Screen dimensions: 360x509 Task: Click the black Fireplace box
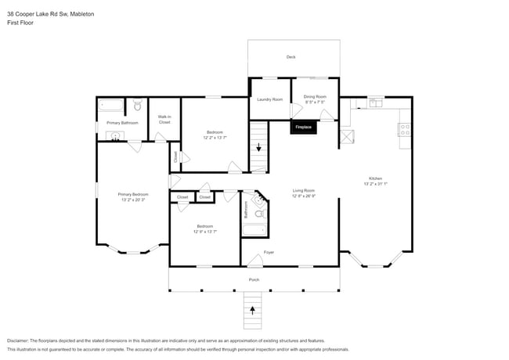[303, 127]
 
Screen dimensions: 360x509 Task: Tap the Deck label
[291, 57]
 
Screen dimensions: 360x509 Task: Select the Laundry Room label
[269, 99]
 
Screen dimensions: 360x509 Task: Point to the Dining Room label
[316, 96]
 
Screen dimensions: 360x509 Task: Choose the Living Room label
[304, 190]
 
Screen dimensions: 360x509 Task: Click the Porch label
[254, 279]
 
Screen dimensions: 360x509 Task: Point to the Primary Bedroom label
[133, 194]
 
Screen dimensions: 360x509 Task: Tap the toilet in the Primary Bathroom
[136, 105]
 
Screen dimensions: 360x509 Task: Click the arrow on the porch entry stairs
[252, 309]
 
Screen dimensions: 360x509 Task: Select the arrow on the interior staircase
[258, 146]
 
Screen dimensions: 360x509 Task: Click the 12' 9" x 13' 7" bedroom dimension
[204, 232]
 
